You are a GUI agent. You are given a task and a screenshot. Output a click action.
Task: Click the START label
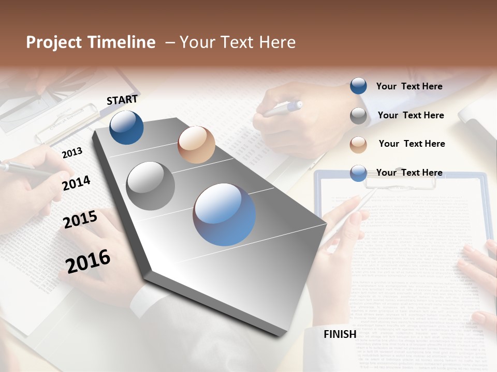pos(122,100)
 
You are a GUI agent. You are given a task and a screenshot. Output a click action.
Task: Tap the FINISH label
pos(340,334)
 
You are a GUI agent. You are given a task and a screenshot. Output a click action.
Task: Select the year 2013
pos(72,153)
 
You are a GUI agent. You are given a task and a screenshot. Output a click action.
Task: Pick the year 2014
pos(76,183)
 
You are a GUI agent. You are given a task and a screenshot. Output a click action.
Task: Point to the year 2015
pos(80,220)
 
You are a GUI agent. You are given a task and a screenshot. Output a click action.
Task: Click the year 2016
pos(88,261)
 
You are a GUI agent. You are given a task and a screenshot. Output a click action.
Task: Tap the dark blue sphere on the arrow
pos(126,128)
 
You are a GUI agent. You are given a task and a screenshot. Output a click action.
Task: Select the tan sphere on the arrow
pos(196,145)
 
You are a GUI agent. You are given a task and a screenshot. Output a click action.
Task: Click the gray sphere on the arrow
pos(150,186)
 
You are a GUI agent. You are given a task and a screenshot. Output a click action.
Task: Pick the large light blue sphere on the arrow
pos(224,214)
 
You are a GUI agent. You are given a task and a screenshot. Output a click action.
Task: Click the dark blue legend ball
pos(358,86)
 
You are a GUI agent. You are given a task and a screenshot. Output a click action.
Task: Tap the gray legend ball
pos(358,116)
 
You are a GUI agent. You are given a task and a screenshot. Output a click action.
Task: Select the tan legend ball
pos(358,144)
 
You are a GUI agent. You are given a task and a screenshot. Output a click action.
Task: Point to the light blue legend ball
pos(358,173)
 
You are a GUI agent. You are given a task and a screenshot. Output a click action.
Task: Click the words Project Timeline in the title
pos(91,42)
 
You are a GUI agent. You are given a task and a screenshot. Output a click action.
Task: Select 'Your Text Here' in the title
pos(238,42)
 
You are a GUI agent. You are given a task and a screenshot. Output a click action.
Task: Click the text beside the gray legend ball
pos(411,115)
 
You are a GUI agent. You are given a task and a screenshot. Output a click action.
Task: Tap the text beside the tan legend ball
pos(412,144)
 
